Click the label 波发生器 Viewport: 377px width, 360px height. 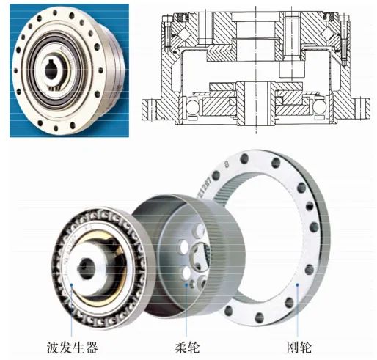click(x=73, y=348)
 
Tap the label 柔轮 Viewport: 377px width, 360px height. click(x=187, y=348)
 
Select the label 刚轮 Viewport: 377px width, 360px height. click(x=299, y=348)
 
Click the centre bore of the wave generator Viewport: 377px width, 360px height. click(x=86, y=268)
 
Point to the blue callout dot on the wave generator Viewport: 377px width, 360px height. click(x=71, y=284)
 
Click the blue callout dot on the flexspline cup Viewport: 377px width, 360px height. click(x=186, y=284)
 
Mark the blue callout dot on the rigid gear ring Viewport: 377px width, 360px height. click(x=297, y=284)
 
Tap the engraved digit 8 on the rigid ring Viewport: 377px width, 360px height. click(x=227, y=164)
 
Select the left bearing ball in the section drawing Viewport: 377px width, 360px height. click(x=193, y=106)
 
